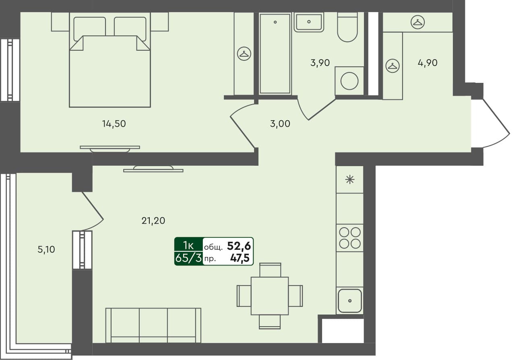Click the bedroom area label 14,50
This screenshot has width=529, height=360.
coord(114,124)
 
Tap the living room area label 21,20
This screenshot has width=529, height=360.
coord(153,220)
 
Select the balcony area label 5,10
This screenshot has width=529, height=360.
coord(46,249)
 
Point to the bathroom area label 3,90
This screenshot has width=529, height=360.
coord(320,63)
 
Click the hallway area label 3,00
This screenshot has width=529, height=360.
coord(280,124)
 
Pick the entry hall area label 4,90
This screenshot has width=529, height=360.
coord(427,63)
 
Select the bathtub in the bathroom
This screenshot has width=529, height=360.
coord(275,53)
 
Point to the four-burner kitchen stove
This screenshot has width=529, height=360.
coord(349,238)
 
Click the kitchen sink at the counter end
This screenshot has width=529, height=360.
coord(349,300)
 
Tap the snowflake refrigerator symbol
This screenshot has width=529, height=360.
coord(349,180)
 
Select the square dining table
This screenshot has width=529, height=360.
coord(269,296)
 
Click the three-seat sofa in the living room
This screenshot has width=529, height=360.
coord(153,325)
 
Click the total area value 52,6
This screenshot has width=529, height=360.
coord(240,245)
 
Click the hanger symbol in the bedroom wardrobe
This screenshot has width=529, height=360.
coord(244,53)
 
